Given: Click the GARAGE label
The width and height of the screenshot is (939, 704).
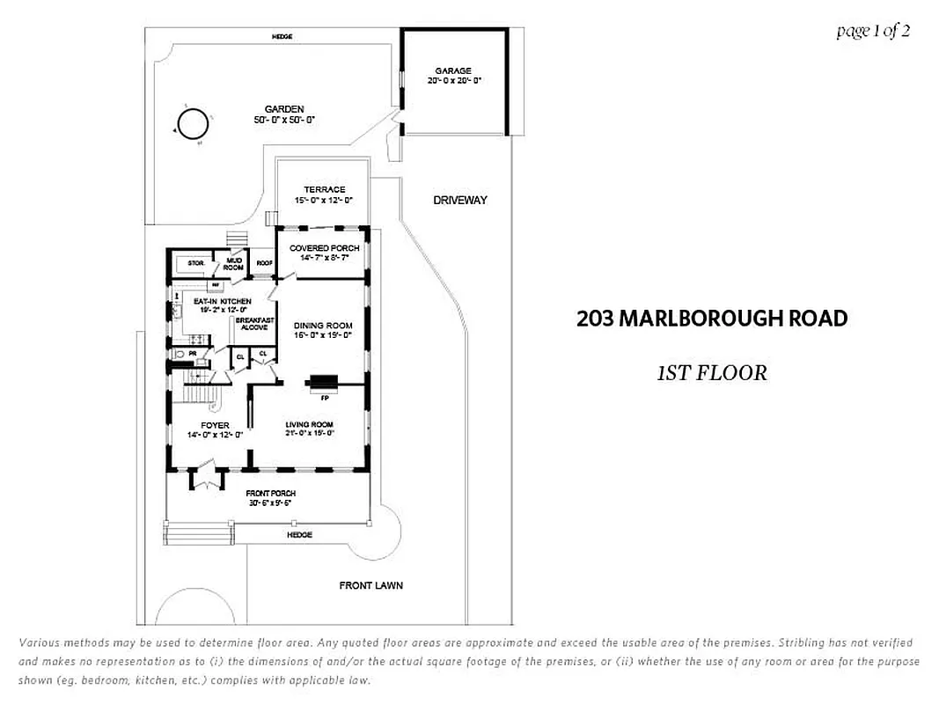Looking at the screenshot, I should [453, 71].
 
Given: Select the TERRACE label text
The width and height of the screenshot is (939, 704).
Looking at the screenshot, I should [324, 190].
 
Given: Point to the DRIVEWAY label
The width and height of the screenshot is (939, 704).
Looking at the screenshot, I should [459, 201].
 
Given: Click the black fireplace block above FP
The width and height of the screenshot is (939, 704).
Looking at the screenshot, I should [321, 381].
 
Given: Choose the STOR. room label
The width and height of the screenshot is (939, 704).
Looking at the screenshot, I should [196, 263].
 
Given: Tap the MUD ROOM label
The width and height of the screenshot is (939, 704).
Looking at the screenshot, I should [234, 264].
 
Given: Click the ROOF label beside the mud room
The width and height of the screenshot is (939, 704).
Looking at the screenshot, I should [263, 263].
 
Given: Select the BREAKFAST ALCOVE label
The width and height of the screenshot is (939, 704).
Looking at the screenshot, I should [255, 324].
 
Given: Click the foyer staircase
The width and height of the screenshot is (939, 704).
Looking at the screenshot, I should [202, 378].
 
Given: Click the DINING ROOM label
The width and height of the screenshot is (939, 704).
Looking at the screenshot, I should [322, 326].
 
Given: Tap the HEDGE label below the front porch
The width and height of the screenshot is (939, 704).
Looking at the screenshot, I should [299, 535].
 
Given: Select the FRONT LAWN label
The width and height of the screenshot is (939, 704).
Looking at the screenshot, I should [371, 585].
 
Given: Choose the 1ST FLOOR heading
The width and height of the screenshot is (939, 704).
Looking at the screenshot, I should [711, 373].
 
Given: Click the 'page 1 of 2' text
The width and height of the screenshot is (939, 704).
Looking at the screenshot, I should [872, 32].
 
